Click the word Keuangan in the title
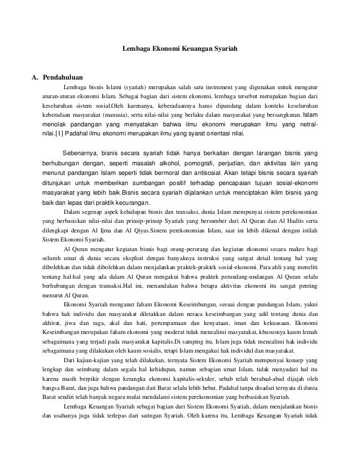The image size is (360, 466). tap(195, 50)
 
